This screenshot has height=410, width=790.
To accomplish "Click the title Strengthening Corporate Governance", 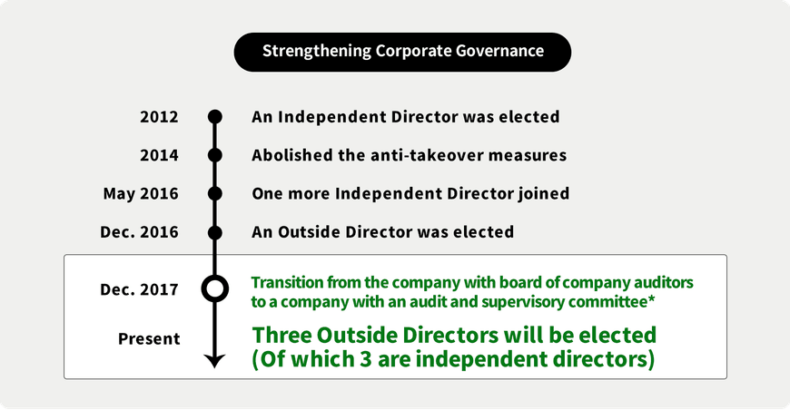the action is point(402,52).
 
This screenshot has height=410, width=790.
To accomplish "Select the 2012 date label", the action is point(159,117).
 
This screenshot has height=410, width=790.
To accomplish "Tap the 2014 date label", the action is point(159,155).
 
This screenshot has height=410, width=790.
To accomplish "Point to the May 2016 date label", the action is point(141,194).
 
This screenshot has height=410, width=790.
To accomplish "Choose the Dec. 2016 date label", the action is point(139,232).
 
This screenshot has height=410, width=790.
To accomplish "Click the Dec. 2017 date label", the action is point(139,289).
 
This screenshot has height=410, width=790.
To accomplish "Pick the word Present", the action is point(149,338).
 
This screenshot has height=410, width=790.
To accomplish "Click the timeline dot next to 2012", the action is point(215,117).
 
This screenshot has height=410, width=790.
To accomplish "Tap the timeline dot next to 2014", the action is point(215,155).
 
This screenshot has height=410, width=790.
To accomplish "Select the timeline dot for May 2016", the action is point(215,194).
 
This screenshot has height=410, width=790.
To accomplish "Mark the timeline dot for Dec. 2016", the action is point(215,232).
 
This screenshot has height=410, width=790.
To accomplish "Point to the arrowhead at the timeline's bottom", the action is point(214,361).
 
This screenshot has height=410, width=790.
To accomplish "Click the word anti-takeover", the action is point(426,155).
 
